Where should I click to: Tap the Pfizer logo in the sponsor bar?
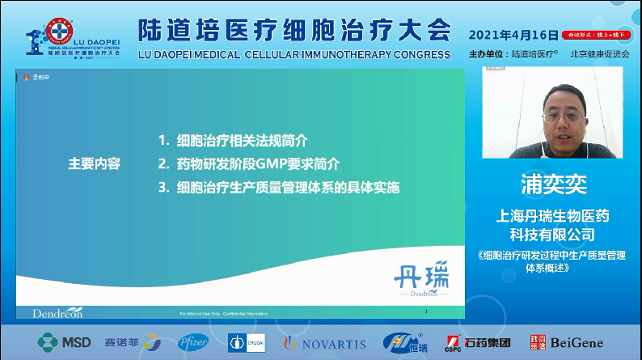193,342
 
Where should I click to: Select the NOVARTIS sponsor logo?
324,343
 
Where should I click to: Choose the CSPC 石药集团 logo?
477,342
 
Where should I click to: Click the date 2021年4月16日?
513,35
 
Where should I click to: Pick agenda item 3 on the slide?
279,188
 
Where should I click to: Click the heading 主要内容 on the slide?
94,163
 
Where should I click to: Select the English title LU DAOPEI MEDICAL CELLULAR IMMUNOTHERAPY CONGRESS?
294,54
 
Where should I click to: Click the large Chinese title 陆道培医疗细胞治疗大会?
294,30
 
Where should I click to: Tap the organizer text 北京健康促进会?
599,54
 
